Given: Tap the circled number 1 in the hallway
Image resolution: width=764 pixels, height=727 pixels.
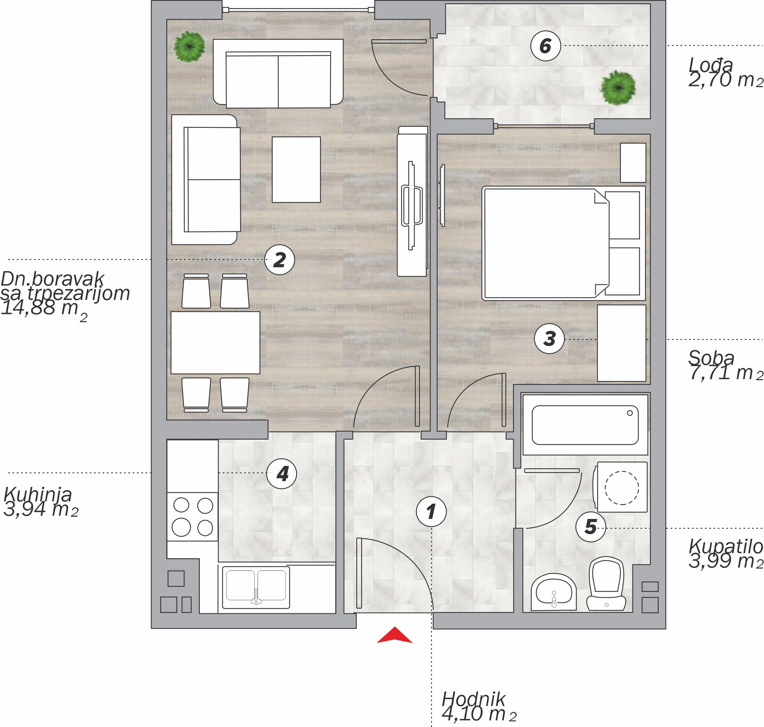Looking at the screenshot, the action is tap(431, 512).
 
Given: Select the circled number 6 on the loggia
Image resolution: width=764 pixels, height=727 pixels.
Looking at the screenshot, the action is tap(545, 46).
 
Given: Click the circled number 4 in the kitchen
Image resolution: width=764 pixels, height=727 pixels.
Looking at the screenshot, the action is tap(282, 474).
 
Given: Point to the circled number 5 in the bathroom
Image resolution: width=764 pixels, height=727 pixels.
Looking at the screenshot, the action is tap(590, 527).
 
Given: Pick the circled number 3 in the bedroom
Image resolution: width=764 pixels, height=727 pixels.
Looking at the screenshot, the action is tap(549, 339).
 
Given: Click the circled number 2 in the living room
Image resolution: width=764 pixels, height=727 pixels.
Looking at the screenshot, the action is tap(279, 260).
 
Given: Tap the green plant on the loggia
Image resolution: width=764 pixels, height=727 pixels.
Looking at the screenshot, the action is tap(618, 88).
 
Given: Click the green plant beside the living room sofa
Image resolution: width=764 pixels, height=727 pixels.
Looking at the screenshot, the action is tap(189, 46).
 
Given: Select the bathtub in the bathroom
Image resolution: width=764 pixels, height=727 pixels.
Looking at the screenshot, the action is tap(585, 425).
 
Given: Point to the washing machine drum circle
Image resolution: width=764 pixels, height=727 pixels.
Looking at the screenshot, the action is tap(622, 488).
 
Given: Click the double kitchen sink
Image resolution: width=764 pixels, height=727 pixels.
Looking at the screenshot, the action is tap(256, 588).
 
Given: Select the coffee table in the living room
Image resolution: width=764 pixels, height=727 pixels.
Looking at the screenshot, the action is tap(296, 169).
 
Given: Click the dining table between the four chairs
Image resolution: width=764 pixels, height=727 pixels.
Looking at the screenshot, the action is tap(215, 342).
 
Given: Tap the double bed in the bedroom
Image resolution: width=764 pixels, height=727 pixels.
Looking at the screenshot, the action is tap(563, 243).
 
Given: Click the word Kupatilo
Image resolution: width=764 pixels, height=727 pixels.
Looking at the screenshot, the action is tap(725, 547).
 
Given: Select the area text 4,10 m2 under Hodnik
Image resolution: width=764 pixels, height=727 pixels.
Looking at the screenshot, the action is tap(479, 714).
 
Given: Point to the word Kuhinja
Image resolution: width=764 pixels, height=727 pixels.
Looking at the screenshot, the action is tap(37, 495).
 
